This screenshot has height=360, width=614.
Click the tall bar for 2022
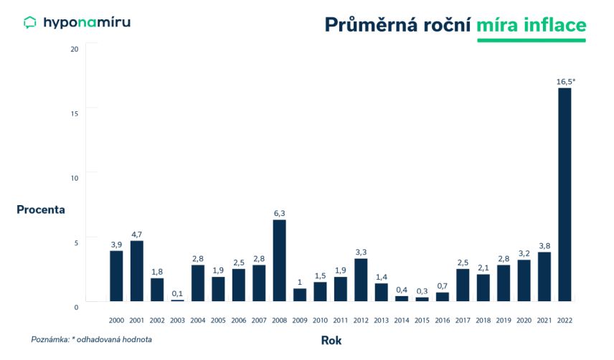tap(565, 194)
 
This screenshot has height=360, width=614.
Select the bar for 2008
tap(280, 260)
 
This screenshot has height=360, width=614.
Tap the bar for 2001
tap(137, 271)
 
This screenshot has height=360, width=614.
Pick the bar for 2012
tap(362, 280)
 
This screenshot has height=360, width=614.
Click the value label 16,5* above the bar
tap(566, 82)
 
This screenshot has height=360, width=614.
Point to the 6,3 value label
tap(280, 213)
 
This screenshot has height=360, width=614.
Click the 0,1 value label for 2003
tap(178, 293)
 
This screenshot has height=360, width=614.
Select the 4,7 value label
tap(137, 235)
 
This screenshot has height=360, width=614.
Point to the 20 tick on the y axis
tap(75, 49)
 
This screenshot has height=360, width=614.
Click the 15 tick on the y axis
tap(75, 113)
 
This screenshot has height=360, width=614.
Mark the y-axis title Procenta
tap(41, 209)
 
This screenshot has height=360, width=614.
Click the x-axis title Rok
tap(331, 341)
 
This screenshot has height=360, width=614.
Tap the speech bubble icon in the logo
tap(30, 23)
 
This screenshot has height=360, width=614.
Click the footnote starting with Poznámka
tap(91, 339)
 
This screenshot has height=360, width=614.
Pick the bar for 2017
tap(463, 285)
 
